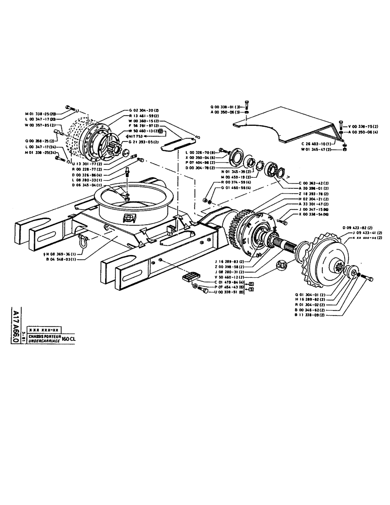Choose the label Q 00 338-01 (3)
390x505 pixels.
click(x=225, y=107)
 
